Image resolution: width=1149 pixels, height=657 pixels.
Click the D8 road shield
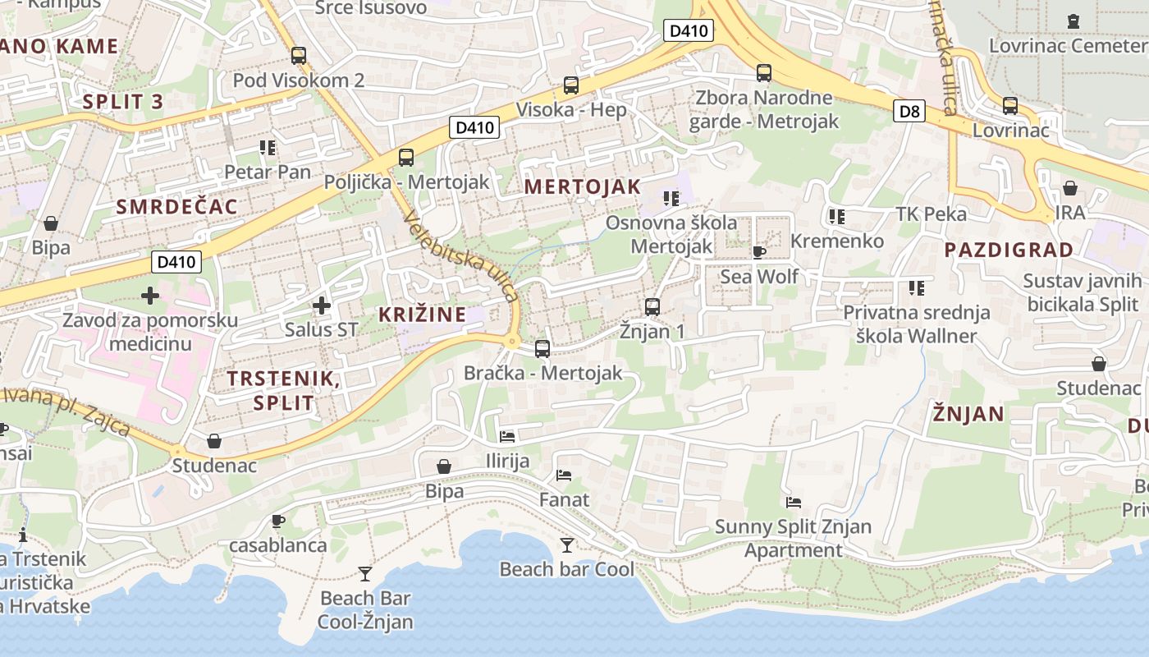(909, 111)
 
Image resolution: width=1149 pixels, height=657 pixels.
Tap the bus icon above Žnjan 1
(652, 307)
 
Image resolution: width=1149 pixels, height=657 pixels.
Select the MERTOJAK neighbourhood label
(582, 186)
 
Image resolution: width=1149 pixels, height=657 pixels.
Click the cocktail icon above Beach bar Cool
(567, 544)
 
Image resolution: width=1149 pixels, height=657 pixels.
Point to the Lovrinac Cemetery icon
(1073, 21)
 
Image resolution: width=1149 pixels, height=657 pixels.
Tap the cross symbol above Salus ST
(322, 306)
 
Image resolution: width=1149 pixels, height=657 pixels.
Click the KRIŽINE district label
(422, 314)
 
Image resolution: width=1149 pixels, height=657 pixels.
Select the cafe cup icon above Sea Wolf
(759, 252)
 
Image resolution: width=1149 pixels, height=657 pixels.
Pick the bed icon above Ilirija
(507, 437)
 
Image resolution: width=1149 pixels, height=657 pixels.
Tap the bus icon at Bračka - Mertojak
(542, 349)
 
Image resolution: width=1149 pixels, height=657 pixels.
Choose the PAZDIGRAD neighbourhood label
(1009, 250)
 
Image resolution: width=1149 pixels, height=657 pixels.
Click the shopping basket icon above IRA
(1070, 189)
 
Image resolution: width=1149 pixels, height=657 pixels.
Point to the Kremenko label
(837, 241)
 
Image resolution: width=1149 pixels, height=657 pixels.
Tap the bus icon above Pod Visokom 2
(299, 56)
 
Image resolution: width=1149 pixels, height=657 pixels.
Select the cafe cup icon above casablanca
(278, 521)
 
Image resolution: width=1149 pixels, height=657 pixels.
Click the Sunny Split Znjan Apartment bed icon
(793, 503)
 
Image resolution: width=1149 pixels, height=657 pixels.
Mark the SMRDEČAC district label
(176, 207)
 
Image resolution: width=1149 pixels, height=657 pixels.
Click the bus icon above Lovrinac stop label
(1010, 106)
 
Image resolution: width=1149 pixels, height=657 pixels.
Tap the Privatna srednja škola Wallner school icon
(917, 288)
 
